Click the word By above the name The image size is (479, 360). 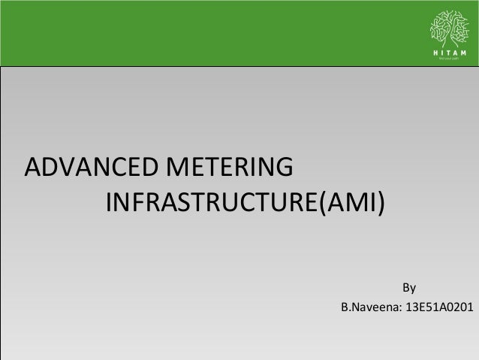(409, 288)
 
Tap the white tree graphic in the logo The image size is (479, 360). (447, 28)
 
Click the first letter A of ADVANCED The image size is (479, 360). (34, 166)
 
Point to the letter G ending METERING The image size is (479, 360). (283, 166)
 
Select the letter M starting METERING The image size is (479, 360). (175, 166)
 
